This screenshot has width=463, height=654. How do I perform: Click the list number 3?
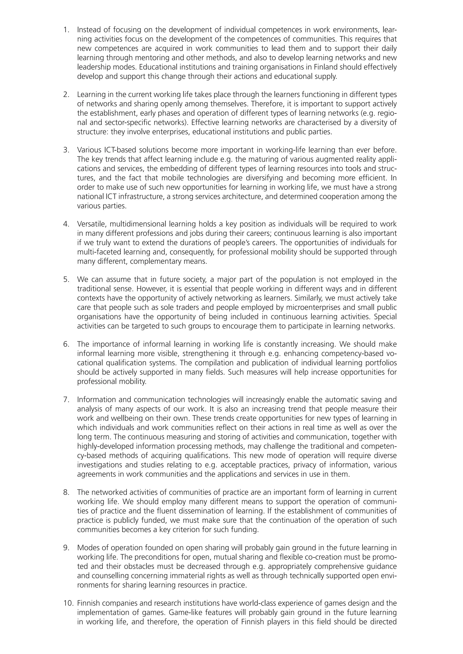click(66, 150)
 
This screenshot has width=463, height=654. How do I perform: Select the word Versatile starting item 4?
click(90, 224)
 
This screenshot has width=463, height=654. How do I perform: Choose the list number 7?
click(66, 400)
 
